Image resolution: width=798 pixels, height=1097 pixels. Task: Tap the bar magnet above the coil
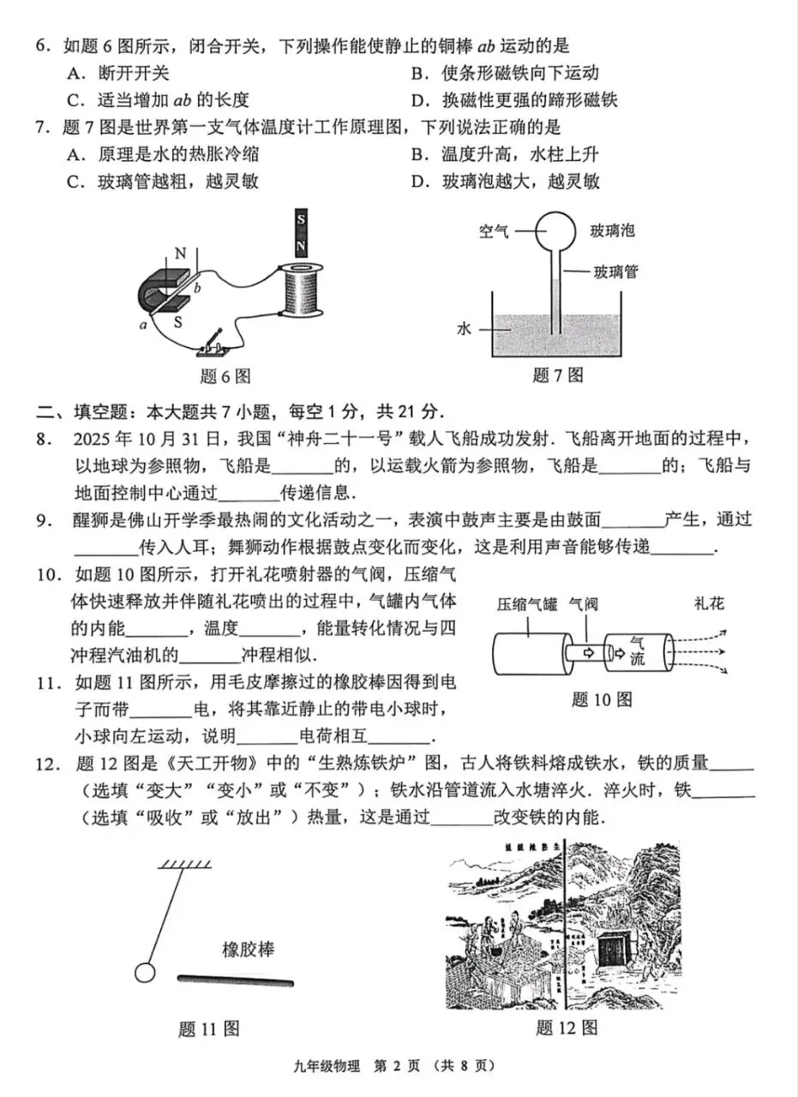click(300, 232)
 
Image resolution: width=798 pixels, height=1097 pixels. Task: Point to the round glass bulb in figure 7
click(557, 231)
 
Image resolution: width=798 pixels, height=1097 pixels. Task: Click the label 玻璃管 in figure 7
click(615, 272)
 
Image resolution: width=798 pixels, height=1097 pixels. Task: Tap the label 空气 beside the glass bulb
click(494, 231)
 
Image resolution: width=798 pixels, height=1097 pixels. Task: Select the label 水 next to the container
click(465, 328)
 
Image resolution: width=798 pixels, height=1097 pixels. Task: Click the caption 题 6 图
click(225, 375)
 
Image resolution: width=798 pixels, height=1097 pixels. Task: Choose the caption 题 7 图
click(558, 375)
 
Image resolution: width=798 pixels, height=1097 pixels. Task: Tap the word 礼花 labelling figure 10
click(709, 603)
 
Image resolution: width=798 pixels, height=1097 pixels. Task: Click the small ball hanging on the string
click(145, 973)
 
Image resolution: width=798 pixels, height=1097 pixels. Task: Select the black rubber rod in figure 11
click(236, 979)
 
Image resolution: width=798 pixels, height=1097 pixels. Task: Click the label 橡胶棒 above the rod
click(249, 950)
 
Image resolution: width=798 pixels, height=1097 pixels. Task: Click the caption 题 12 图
click(566, 1028)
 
